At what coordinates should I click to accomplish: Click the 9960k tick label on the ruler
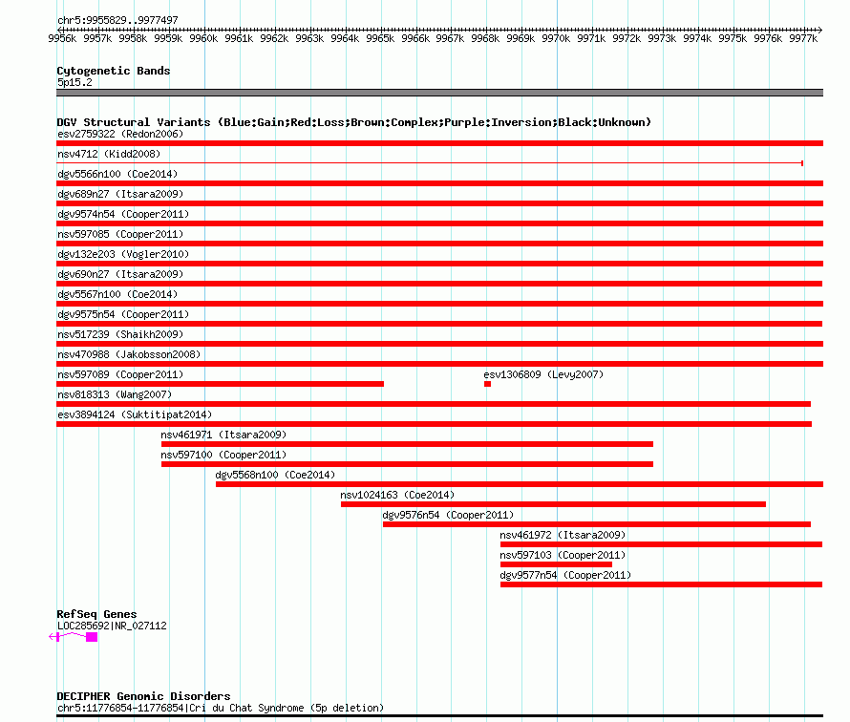[203, 38]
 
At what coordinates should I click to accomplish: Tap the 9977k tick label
[803, 38]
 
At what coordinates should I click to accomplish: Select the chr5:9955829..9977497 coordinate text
[117, 21]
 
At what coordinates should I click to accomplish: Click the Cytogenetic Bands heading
[114, 71]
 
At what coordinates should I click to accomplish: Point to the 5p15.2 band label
[74, 82]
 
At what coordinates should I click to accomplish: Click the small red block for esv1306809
[487, 384]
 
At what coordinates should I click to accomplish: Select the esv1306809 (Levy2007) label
[543, 374]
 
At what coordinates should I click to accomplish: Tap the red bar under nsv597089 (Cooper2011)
[220, 384]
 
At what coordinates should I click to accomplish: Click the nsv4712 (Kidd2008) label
[109, 154]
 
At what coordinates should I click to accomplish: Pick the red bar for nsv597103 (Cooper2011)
[556, 564]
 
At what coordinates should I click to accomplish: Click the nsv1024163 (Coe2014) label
[397, 495]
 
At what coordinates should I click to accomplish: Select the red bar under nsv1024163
[554, 504]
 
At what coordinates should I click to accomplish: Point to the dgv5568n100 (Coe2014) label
[275, 475]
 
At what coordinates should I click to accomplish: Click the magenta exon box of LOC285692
[92, 637]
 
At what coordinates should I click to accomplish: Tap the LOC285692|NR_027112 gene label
[112, 626]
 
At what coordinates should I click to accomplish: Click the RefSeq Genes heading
[96, 614]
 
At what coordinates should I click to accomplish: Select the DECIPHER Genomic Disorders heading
[143, 696]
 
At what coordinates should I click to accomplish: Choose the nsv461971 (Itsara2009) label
[223, 435]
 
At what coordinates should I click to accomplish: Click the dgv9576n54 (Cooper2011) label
[448, 515]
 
